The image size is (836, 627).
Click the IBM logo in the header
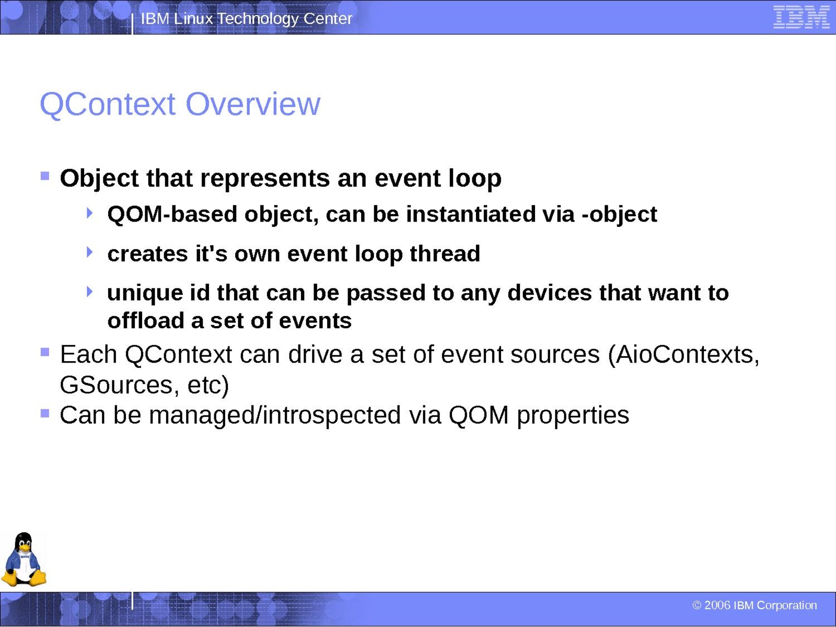pyautogui.click(x=802, y=17)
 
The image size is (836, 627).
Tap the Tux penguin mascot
pyautogui.click(x=24, y=559)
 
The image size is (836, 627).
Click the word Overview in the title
pyautogui.click(x=253, y=104)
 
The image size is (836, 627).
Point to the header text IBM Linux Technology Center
pyautogui.click(x=247, y=19)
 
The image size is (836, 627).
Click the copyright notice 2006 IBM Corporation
pyautogui.click(x=754, y=605)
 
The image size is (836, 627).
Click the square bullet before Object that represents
pyautogui.click(x=45, y=176)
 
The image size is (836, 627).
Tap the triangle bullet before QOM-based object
pyautogui.click(x=89, y=213)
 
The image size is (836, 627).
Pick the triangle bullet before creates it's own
pyautogui.click(x=89, y=252)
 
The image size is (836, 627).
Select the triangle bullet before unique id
pyautogui.click(x=89, y=292)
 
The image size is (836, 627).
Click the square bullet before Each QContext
pyautogui.click(x=45, y=352)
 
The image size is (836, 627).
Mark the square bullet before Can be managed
pyautogui.click(x=45, y=413)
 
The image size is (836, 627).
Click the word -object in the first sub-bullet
pyautogui.click(x=620, y=215)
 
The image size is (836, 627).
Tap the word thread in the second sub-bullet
pyautogui.click(x=445, y=253)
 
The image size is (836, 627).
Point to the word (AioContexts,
pyautogui.click(x=683, y=355)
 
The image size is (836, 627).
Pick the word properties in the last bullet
pyautogui.click(x=573, y=416)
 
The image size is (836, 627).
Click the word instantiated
pyautogui.click(x=470, y=214)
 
